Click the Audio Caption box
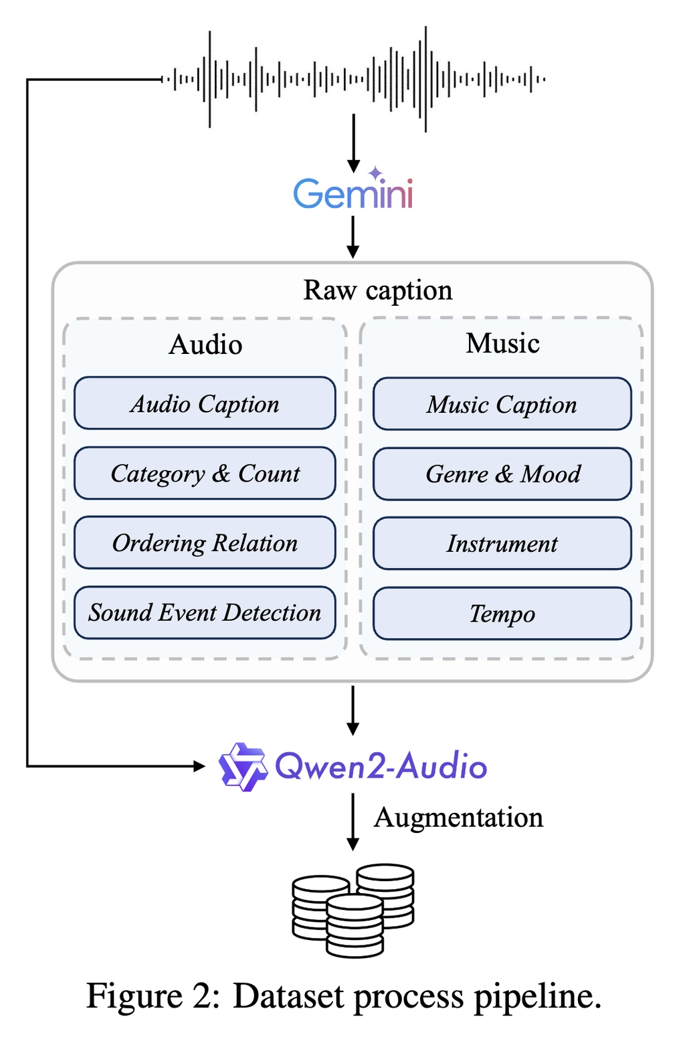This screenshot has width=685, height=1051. point(205,403)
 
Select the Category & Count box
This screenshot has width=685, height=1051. point(205,473)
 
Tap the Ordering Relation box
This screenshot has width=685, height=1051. point(205,543)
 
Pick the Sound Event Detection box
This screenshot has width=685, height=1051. point(205,612)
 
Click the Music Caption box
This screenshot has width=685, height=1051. point(502,404)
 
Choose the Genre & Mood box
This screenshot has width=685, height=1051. point(502,474)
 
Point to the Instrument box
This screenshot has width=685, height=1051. point(502,543)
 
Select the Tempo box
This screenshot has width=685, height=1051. point(502,613)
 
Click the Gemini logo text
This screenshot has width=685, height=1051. point(353,194)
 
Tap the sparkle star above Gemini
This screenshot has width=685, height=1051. point(376,173)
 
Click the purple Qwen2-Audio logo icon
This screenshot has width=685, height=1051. point(242,767)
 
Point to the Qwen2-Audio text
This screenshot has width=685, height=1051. point(381,767)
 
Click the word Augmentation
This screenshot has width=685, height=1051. point(458,818)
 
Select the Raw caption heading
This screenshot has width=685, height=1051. point(378,290)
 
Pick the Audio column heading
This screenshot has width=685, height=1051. point(205,345)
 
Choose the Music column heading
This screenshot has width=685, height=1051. point(502,343)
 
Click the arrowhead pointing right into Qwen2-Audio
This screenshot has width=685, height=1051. point(199,766)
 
